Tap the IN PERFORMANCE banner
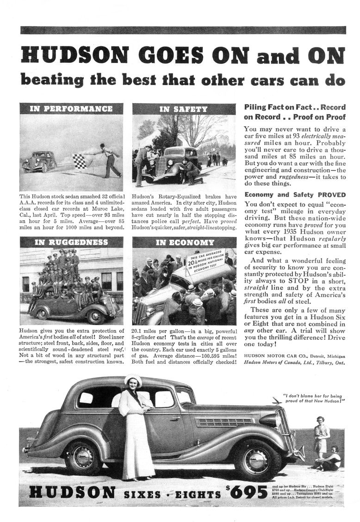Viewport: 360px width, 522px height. click(71, 109)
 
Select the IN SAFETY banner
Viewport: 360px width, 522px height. click(183, 109)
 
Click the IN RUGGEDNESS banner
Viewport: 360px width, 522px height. click(71, 242)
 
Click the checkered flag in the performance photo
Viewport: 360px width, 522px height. click(80, 161)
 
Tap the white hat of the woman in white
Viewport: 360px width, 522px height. click(133, 381)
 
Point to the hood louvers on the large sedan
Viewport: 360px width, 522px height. click(224, 421)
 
